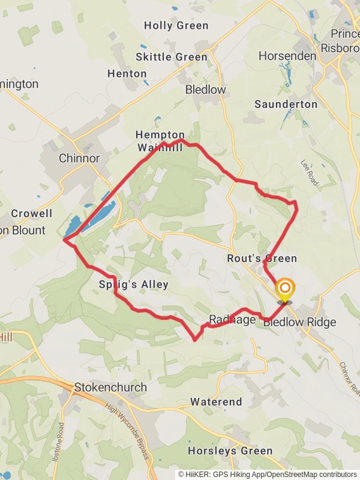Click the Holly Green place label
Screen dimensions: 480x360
(x=176, y=26)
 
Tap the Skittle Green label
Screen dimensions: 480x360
(x=172, y=57)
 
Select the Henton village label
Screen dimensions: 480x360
(x=127, y=74)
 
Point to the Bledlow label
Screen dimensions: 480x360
(x=206, y=90)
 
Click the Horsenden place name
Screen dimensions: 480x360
(x=287, y=56)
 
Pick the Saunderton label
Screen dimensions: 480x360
(x=286, y=104)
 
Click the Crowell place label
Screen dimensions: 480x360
(x=32, y=214)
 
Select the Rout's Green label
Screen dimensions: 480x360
(x=262, y=259)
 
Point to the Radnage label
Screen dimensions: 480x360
(x=233, y=319)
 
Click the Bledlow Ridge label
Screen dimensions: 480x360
(x=300, y=322)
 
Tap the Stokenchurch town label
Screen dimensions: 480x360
(x=110, y=388)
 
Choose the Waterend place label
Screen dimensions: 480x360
(x=216, y=402)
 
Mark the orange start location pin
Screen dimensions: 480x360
(x=284, y=290)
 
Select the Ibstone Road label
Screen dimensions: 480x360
(x=62, y=440)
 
